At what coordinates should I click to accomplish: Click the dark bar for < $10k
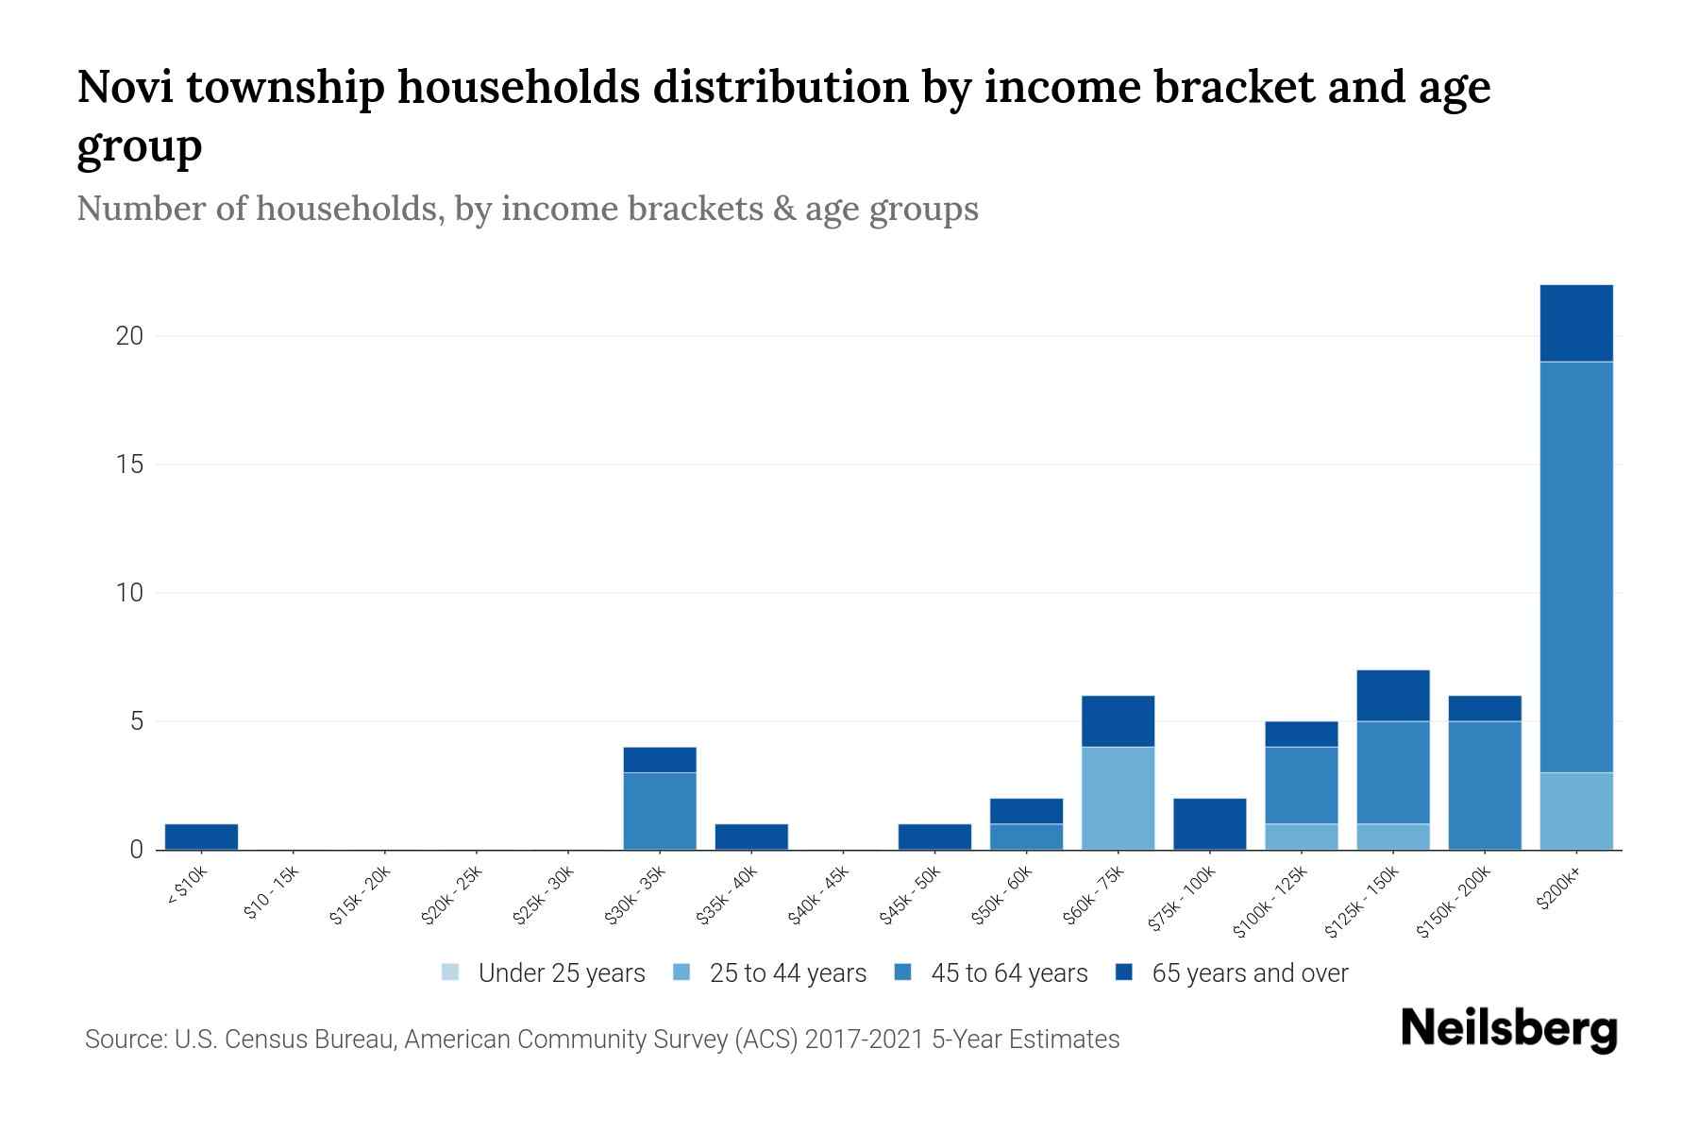pyautogui.click(x=201, y=837)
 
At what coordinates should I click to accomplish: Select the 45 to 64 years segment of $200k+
pyautogui.click(x=1575, y=566)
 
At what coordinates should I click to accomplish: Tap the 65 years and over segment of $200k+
pyautogui.click(x=1575, y=323)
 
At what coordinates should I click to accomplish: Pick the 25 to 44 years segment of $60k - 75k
pyautogui.click(x=1118, y=798)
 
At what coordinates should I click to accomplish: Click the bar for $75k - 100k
pyautogui.click(x=1209, y=823)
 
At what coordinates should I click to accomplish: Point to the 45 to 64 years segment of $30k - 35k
pyautogui.click(x=660, y=810)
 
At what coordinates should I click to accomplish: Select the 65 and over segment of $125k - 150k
pyautogui.click(x=1392, y=695)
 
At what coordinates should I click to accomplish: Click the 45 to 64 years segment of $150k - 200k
pyautogui.click(x=1484, y=785)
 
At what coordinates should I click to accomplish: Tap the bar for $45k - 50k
pyautogui.click(x=934, y=837)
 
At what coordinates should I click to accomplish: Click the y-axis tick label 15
pyautogui.click(x=129, y=465)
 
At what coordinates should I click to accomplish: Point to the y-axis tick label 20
pyautogui.click(x=129, y=336)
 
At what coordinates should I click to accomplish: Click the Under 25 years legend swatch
pyautogui.click(x=451, y=972)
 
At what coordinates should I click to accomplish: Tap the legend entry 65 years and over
pyautogui.click(x=1249, y=973)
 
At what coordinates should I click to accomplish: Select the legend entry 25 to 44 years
pyautogui.click(x=787, y=973)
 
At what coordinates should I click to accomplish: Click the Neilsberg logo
pyautogui.click(x=1508, y=1028)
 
